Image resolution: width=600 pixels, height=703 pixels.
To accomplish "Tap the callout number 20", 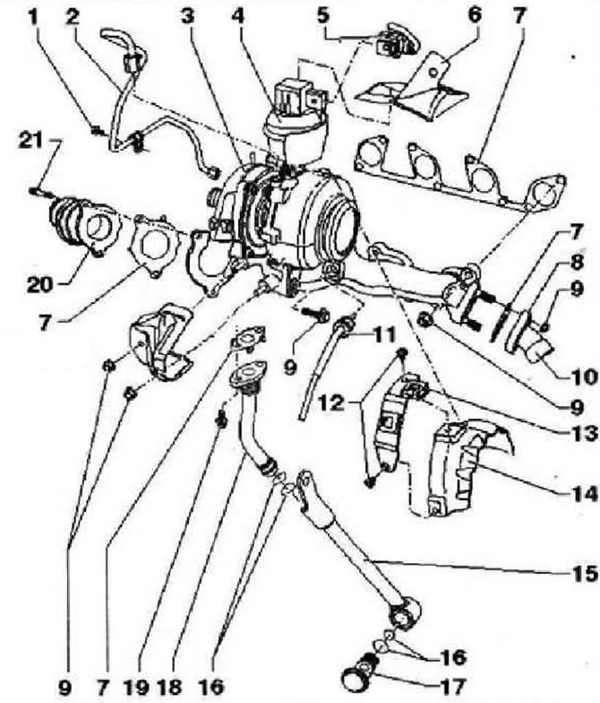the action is [39, 285].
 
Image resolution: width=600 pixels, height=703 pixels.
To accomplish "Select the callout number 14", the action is [584, 494].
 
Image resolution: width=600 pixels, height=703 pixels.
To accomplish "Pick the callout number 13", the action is [584, 433].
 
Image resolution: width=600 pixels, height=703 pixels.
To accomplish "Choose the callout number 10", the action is [584, 378].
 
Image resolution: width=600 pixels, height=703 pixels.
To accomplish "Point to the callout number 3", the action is [188, 16].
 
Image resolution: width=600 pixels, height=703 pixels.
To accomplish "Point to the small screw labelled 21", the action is [39, 192].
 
